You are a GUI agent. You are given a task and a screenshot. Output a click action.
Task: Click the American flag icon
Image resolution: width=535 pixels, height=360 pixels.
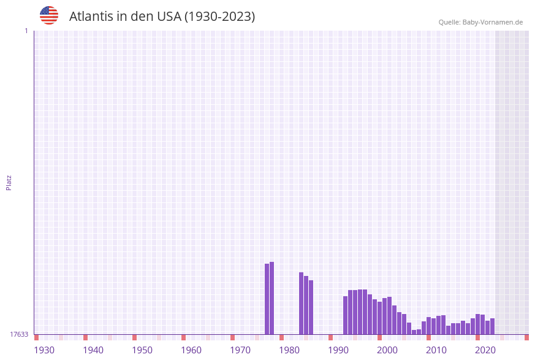click(x=49, y=15)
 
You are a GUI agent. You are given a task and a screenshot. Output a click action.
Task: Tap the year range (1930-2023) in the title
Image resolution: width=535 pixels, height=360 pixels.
click(x=219, y=17)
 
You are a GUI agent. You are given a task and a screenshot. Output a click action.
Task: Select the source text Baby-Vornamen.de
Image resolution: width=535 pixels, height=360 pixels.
click(x=493, y=22)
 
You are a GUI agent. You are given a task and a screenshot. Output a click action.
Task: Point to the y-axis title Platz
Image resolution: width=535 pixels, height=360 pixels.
click(x=9, y=183)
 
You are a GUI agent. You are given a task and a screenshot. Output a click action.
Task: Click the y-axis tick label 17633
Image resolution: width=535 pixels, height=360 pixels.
click(x=19, y=334)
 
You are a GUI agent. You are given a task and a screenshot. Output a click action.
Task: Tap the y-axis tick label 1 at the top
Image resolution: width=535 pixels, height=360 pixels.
click(x=26, y=31)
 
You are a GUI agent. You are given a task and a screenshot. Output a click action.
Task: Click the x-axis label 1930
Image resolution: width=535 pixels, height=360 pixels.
click(x=44, y=350)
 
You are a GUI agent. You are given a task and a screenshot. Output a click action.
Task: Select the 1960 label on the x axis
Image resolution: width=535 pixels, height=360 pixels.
click(x=191, y=350)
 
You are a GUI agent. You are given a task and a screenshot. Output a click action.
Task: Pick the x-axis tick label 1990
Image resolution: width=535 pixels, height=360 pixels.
click(x=338, y=350)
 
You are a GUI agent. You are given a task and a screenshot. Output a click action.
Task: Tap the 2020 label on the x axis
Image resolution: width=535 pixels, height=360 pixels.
click(x=485, y=350)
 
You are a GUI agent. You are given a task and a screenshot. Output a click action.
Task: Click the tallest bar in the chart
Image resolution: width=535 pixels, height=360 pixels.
click(x=271, y=298)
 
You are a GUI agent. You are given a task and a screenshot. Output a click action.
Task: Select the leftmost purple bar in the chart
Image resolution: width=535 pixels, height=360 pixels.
click(x=267, y=299)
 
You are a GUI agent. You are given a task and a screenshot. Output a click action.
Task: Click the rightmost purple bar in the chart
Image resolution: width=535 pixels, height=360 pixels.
click(x=492, y=326)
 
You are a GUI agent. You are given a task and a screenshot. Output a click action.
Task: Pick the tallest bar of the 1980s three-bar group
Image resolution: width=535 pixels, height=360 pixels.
click(x=301, y=303)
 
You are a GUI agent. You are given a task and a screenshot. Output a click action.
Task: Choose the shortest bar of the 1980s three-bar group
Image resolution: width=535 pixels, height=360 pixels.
click(x=311, y=307)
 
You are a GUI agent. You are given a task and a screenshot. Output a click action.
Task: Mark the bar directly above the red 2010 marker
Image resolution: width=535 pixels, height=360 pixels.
click(x=428, y=326)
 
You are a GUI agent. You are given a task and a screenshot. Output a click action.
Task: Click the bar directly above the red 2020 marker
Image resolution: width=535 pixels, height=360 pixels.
click(x=477, y=324)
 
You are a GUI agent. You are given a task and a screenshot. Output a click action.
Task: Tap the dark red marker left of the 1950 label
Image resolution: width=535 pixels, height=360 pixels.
click(x=134, y=337)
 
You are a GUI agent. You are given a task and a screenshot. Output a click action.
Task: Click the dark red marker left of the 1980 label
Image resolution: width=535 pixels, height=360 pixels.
click(x=281, y=337)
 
